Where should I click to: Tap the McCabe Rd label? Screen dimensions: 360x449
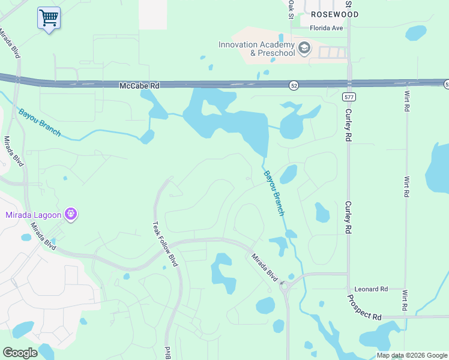point(139,86)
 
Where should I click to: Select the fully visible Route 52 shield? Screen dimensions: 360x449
point(293,85)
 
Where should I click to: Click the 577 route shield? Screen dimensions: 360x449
point(349,97)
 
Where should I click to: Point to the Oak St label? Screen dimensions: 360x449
point(291,9)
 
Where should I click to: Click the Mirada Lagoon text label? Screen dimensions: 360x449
point(33,215)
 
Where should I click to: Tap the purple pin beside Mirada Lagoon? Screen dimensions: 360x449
point(71,214)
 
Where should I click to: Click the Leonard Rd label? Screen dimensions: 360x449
point(371,289)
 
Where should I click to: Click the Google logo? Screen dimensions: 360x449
point(20,353)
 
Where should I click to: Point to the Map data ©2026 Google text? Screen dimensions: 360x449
point(411,355)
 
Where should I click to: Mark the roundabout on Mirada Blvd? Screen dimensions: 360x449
point(285,286)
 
